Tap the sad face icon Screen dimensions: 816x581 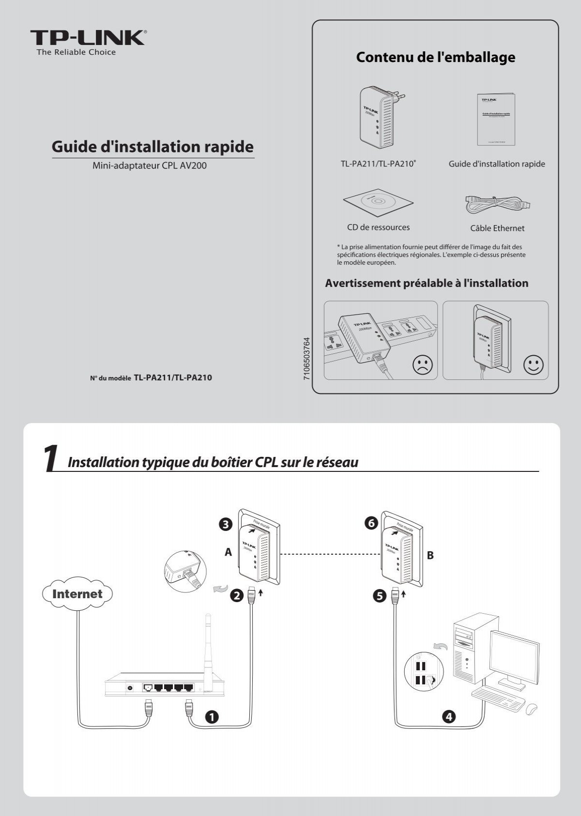click(423, 364)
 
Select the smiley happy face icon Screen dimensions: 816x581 click(534, 364)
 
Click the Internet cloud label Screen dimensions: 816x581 click(77, 594)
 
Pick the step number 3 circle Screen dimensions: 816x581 click(226, 524)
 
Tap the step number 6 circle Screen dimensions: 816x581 click(370, 523)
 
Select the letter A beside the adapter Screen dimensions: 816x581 click(229, 552)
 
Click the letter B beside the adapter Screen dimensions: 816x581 click(430, 556)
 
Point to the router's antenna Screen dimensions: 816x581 click(209, 644)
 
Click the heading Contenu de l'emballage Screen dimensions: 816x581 click(435, 57)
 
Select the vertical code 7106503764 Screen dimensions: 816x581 click(306, 359)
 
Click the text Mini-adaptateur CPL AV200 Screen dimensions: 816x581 click(150, 166)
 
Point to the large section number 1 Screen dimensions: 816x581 click(50, 458)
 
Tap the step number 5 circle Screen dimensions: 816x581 click(379, 596)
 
